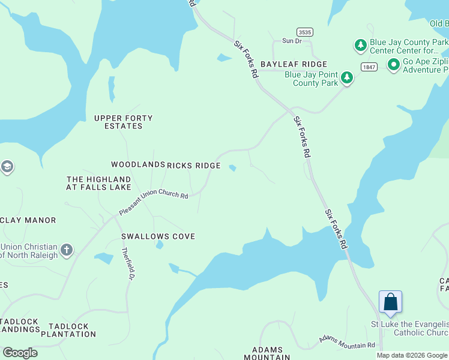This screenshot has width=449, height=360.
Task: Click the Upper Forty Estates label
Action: tap(123, 122)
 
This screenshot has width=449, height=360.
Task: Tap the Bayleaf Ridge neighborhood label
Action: tap(294, 64)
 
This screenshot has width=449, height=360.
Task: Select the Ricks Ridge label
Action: tap(194, 166)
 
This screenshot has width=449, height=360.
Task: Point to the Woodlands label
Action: tap(138, 164)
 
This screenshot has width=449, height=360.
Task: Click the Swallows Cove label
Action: tap(158, 236)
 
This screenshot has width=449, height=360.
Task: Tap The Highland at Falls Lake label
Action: tap(98, 183)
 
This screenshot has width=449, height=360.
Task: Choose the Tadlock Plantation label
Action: tap(68, 330)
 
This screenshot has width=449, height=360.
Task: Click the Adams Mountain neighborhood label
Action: tap(271, 353)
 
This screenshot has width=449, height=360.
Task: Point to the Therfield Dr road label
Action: tap(127, 264)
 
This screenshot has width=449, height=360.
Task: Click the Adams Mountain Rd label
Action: tap(347, 342)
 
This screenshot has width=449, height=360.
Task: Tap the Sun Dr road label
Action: tap(292, 41)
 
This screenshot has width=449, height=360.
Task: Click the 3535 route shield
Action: tap(304, 31)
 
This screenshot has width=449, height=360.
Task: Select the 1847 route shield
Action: tap(369, 67)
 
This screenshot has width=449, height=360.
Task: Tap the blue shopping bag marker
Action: tap(390, 302)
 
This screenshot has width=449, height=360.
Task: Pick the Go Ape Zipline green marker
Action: tap(394, 64)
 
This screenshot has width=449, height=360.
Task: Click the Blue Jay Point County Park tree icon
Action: tap(346, 77)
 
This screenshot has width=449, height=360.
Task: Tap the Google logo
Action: tap(20, 353)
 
